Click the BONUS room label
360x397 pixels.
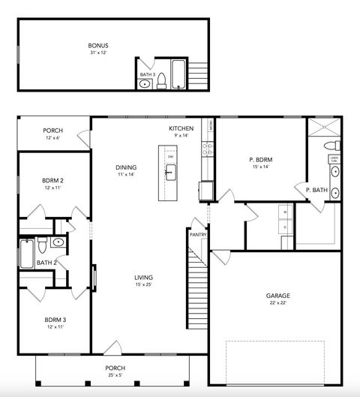[98, 46]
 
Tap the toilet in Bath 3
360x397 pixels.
[160, 83]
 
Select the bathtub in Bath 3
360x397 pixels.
[178, 75]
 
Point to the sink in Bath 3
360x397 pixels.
[145, 85]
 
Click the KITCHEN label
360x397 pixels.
[181, 129]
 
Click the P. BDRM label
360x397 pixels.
[260, 159]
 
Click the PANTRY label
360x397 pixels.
[198, 235]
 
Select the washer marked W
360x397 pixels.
[284, 212]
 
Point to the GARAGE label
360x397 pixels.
[277, 296]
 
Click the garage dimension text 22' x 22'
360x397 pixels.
[277, 303]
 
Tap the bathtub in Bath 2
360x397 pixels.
[27, 253]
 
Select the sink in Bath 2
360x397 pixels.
[58, 242]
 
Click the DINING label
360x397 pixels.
[125, 167]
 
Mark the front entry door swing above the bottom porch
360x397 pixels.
[112, 348]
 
